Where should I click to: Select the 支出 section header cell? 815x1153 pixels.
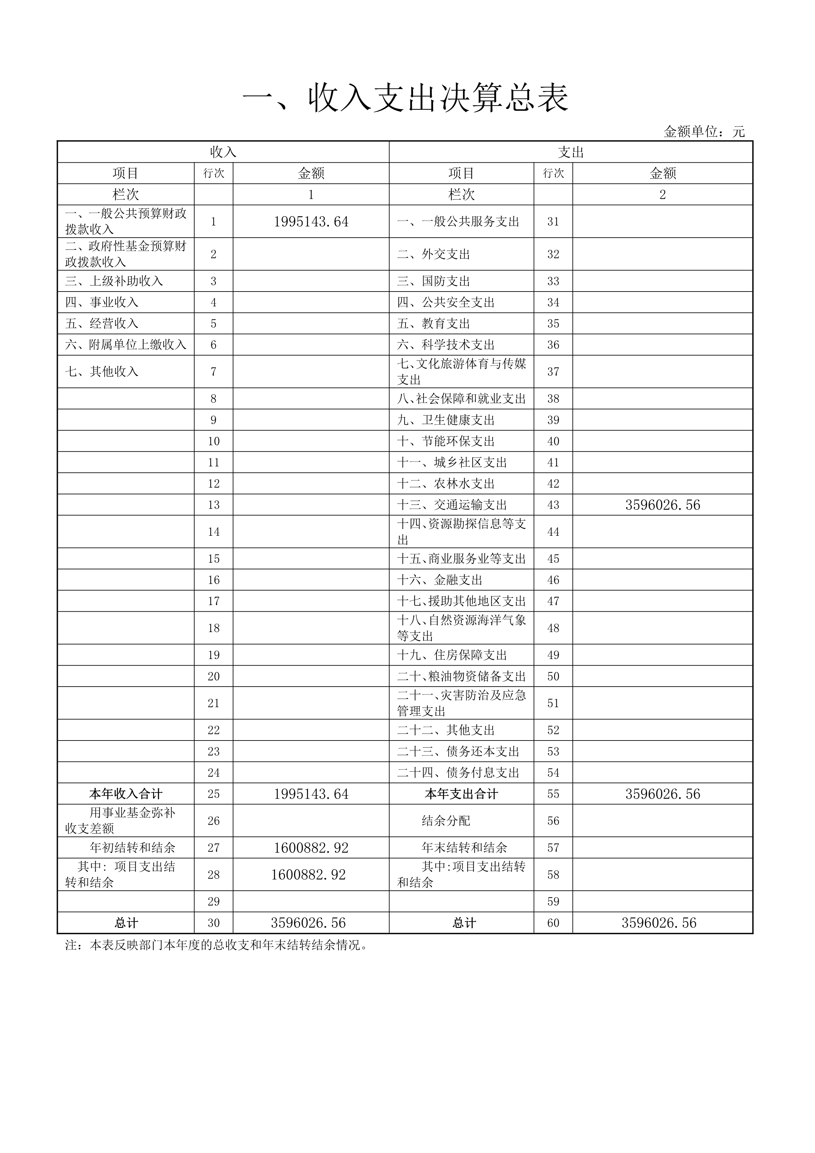(570, 152)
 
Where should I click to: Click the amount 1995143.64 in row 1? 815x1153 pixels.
(311, 222)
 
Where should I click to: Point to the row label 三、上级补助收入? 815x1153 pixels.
(114, 281)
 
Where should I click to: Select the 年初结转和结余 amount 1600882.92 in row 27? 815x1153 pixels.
(311, 848)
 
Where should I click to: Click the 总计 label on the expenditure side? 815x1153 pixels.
(464, 923)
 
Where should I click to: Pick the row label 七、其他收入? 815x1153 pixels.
(102, 372)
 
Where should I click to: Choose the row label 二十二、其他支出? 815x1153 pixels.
(446, 730)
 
